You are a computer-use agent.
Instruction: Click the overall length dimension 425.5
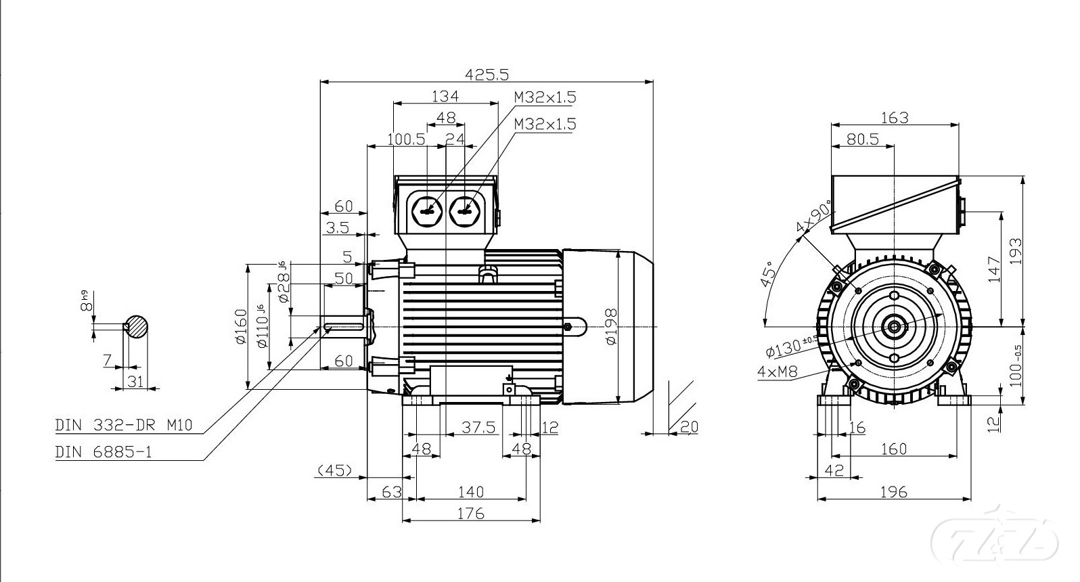pos(487,74)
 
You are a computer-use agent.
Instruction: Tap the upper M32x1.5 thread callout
pos(545,97)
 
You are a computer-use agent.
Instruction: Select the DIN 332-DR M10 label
pos(124,425)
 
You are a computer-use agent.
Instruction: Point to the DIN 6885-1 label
pos(104,452)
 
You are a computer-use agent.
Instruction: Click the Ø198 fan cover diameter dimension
pos(611,327)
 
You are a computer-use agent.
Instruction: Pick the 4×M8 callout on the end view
pos(778,372)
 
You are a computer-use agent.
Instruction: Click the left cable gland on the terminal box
pos(427,212)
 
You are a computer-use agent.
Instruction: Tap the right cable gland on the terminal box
pos(464,212)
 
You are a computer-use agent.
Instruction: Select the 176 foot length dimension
pos(470,514)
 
